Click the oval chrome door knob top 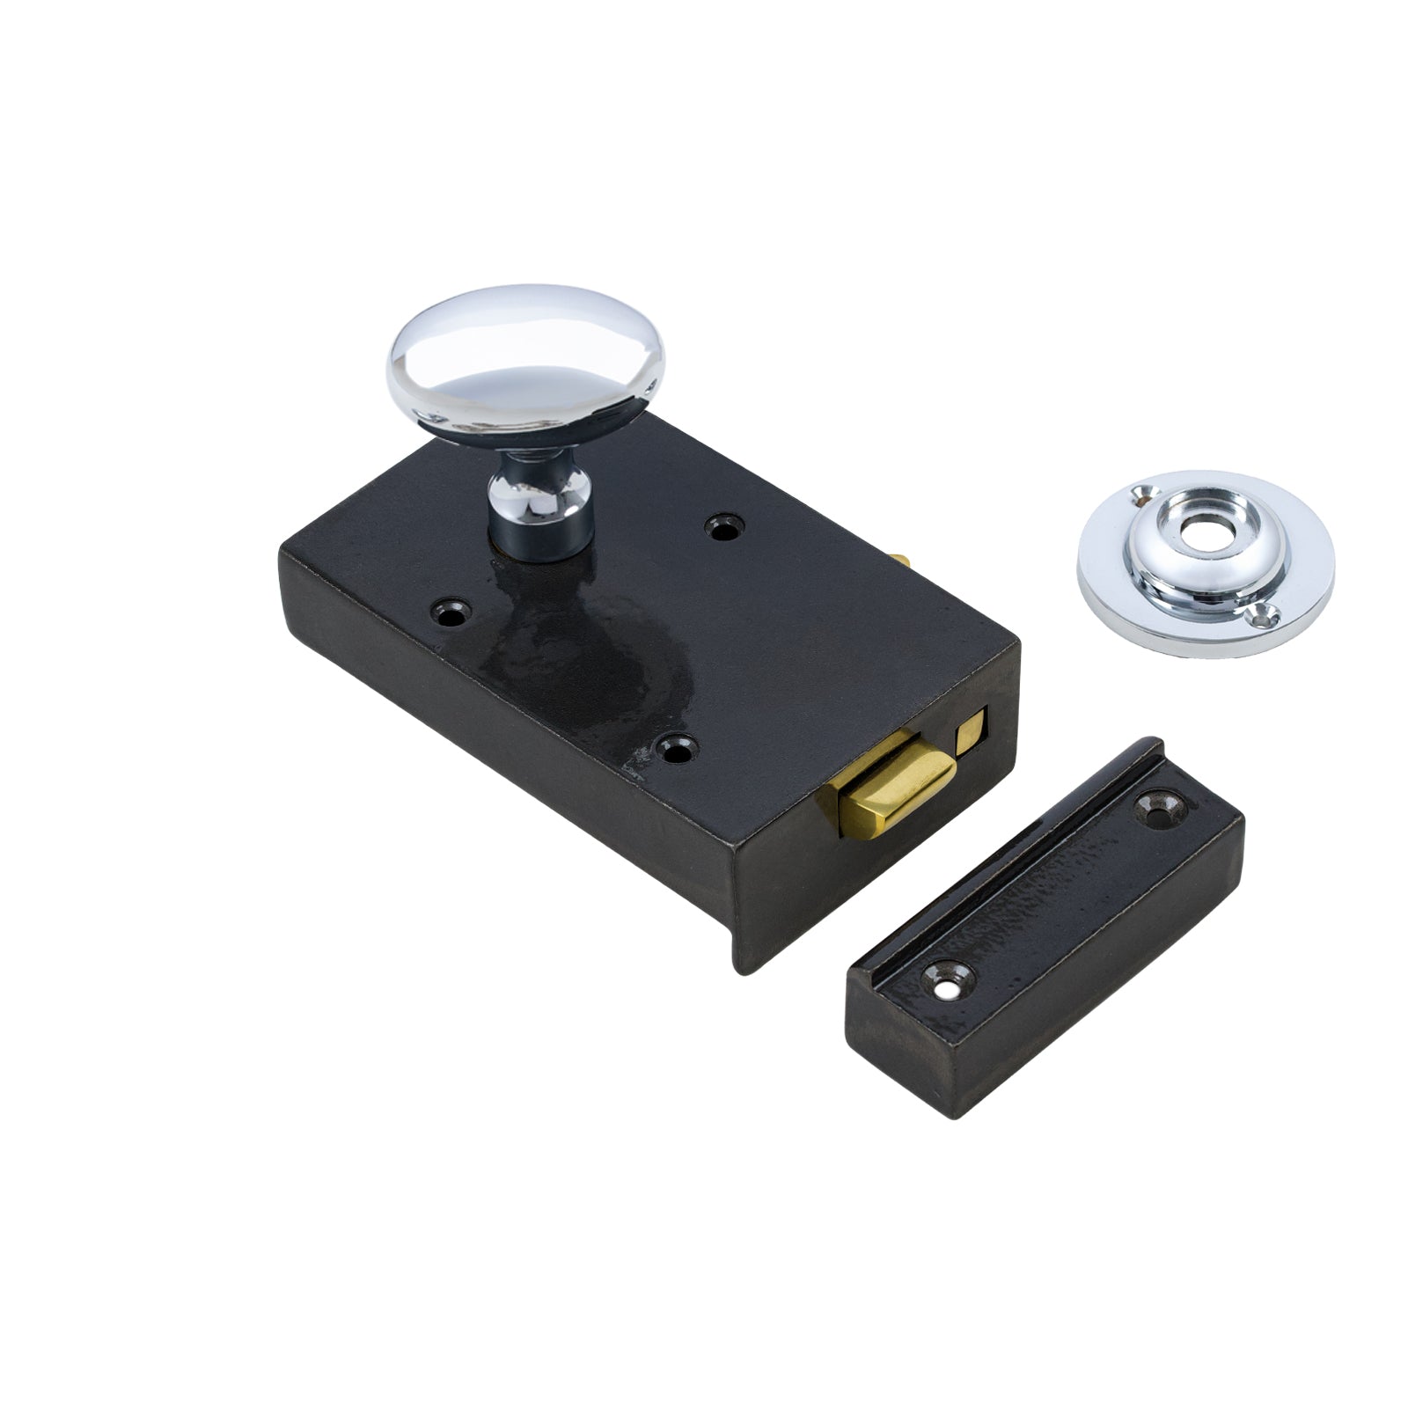pyautogui.click(x=525, y=356)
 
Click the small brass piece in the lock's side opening pyautogui.click(x=971, y=732)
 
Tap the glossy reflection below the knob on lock pyautogui.click(x=563, y=634)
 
